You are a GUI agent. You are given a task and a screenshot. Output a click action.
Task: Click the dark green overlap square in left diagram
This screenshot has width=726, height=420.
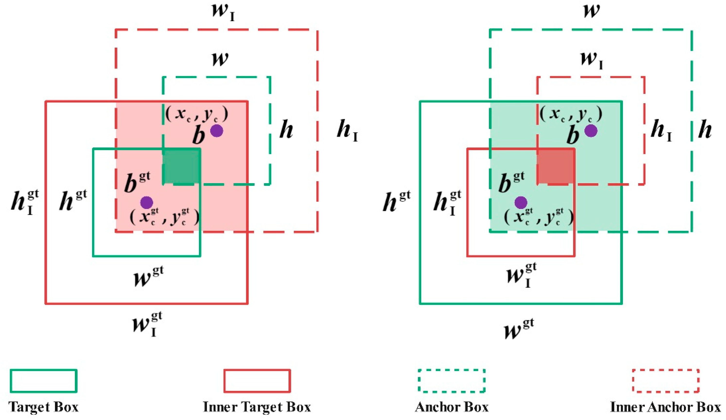(x=182, y=166)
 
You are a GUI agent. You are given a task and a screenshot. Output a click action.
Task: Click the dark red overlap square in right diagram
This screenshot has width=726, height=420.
(x=556, y=166)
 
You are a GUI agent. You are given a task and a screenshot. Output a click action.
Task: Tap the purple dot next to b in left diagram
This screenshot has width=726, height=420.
(x=217, y=131)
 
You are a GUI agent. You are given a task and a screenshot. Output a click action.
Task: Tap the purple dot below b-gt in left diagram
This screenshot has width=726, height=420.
(x=146, y=203)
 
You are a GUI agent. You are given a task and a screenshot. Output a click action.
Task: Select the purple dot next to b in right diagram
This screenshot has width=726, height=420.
(x=591, y=131)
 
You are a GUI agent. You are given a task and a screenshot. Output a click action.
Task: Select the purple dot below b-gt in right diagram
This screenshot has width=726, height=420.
(x=521, y=203)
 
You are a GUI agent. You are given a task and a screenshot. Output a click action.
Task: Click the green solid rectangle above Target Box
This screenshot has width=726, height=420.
(x=44, y=381)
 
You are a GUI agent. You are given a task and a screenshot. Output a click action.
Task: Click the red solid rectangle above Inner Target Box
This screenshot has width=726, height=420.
(x=257, y=381)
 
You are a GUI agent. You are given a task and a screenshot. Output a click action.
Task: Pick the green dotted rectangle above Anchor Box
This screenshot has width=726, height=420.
(x=451, y=381)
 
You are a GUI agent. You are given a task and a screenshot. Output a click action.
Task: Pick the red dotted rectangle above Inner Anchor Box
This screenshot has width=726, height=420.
(x=665, y=381)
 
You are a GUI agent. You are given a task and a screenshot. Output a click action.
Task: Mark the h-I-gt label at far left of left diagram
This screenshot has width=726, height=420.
(x=25, y=203)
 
